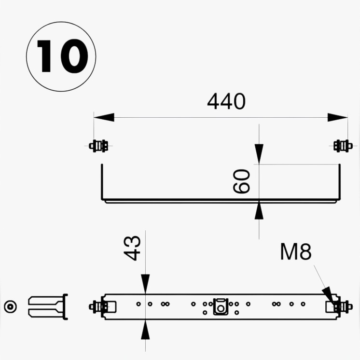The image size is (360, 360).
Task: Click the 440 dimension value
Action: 226,102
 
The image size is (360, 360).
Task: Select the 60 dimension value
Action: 242,181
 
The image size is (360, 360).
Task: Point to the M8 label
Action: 296,252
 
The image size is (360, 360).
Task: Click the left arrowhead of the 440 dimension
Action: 104,117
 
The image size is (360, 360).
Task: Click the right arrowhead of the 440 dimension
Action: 337,117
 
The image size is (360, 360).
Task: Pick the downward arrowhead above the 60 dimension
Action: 259,154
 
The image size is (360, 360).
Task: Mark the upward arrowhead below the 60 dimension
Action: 259,210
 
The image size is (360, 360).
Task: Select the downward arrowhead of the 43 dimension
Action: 145,284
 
